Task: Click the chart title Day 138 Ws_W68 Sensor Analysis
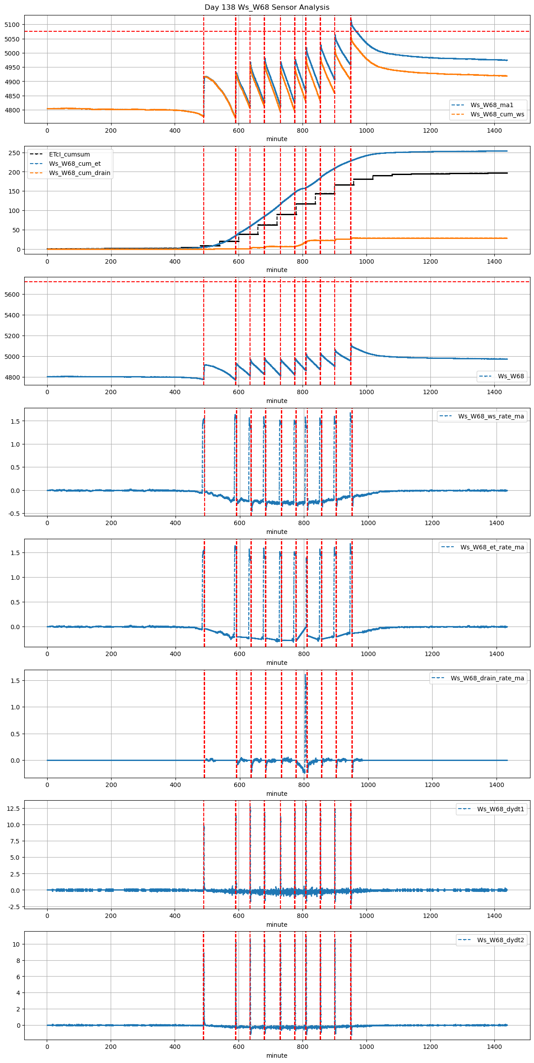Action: [x=267, y=7]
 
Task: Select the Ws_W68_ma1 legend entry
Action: [x=492, y=105]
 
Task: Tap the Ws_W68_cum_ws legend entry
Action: [x=497, y=114]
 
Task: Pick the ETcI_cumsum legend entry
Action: [x=69, y=154]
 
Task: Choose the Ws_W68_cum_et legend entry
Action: [x=75, y=164]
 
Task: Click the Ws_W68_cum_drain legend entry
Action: [x=79, y=173]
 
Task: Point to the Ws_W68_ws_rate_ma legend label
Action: [x=491, y=416]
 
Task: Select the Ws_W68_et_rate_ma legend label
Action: [x=492, y=547]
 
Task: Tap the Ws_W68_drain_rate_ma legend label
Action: [x=487, y=678]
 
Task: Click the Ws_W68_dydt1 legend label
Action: [x=500, y=809]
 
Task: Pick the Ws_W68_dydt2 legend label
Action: [x=500, y=940]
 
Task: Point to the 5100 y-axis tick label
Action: [x=12, y=25]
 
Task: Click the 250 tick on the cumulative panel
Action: [x=15, y=153]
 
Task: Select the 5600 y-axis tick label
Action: [x=12, y=295]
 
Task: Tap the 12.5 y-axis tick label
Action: [x=13, y=809]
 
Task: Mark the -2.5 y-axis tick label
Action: [x=13, y=907]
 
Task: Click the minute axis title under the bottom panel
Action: [x=276, y=1056]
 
